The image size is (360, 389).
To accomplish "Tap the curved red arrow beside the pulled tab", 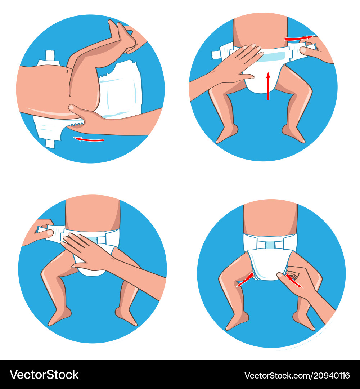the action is coord(299,38).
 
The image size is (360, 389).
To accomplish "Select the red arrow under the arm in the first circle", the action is coord(89,140).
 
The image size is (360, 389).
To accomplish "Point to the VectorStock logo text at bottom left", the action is coord(44,375).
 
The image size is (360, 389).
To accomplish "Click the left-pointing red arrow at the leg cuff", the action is coord(245,280).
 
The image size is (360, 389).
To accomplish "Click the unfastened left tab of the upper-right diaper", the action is coord(222,52).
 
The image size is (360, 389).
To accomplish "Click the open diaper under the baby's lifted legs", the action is coord(119,89).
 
